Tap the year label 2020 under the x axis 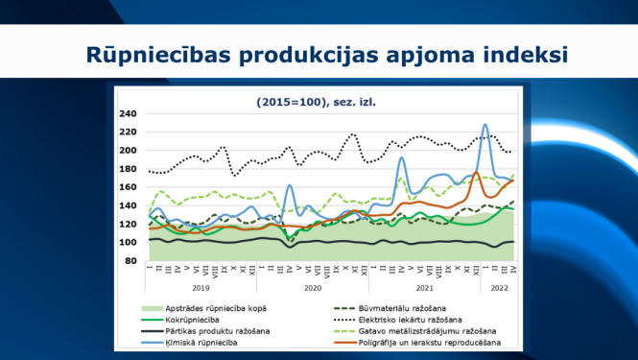(x=312, y=287)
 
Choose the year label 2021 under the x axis (x=424, y=287)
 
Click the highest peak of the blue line (x=485, y=125)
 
